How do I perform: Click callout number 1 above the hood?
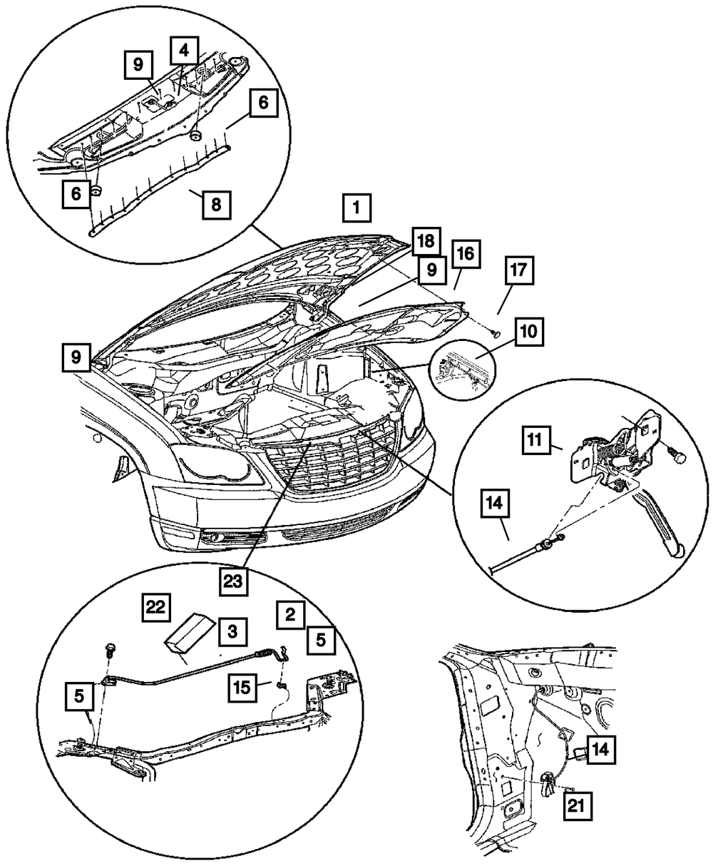pos(357,210)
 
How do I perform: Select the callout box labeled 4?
pos(184,51)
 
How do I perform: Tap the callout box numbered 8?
pos(216,205)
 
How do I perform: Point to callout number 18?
pos(426,243)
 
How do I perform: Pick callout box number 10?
pos(531,332)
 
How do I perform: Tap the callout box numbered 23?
pos(234,580)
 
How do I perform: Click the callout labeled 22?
pos(155,607)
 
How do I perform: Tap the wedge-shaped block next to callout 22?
pos(190,631)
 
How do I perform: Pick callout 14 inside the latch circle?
pos(495,504)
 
